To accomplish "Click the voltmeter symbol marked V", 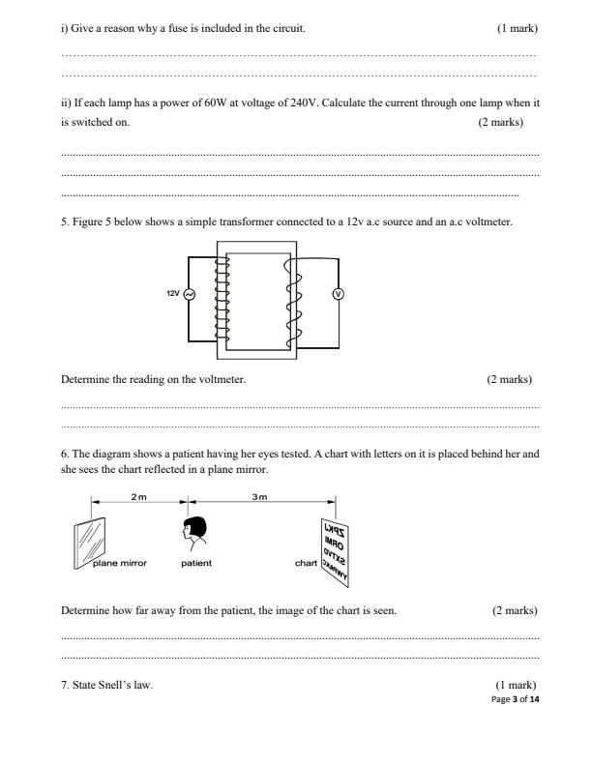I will pyautogui.click(x=339, y=295).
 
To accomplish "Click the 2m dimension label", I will pyautogui.click(x=139, y=495).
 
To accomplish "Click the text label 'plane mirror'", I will pyautogui.click(x=117, y=562).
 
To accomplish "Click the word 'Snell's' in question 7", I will pyautogui.click(x=106, y=685).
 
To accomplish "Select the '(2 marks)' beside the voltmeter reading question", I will pyautogui.click(x=509, y=379).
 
